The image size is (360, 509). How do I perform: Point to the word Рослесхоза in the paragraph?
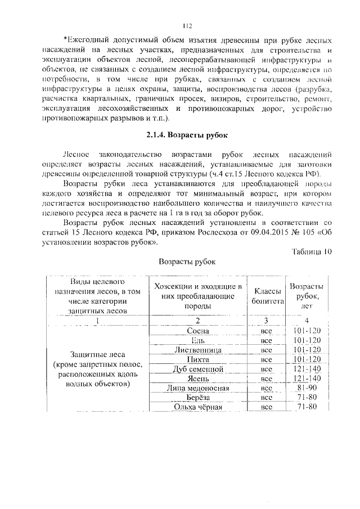click(209, 232)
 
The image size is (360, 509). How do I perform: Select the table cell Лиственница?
click(199, 350)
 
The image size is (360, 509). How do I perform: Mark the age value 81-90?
click(307, 388)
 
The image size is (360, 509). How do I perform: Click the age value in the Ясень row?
click(307, 379)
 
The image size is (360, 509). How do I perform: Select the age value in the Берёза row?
click(307, 398)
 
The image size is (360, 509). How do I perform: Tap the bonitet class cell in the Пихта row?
click(267, 359)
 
